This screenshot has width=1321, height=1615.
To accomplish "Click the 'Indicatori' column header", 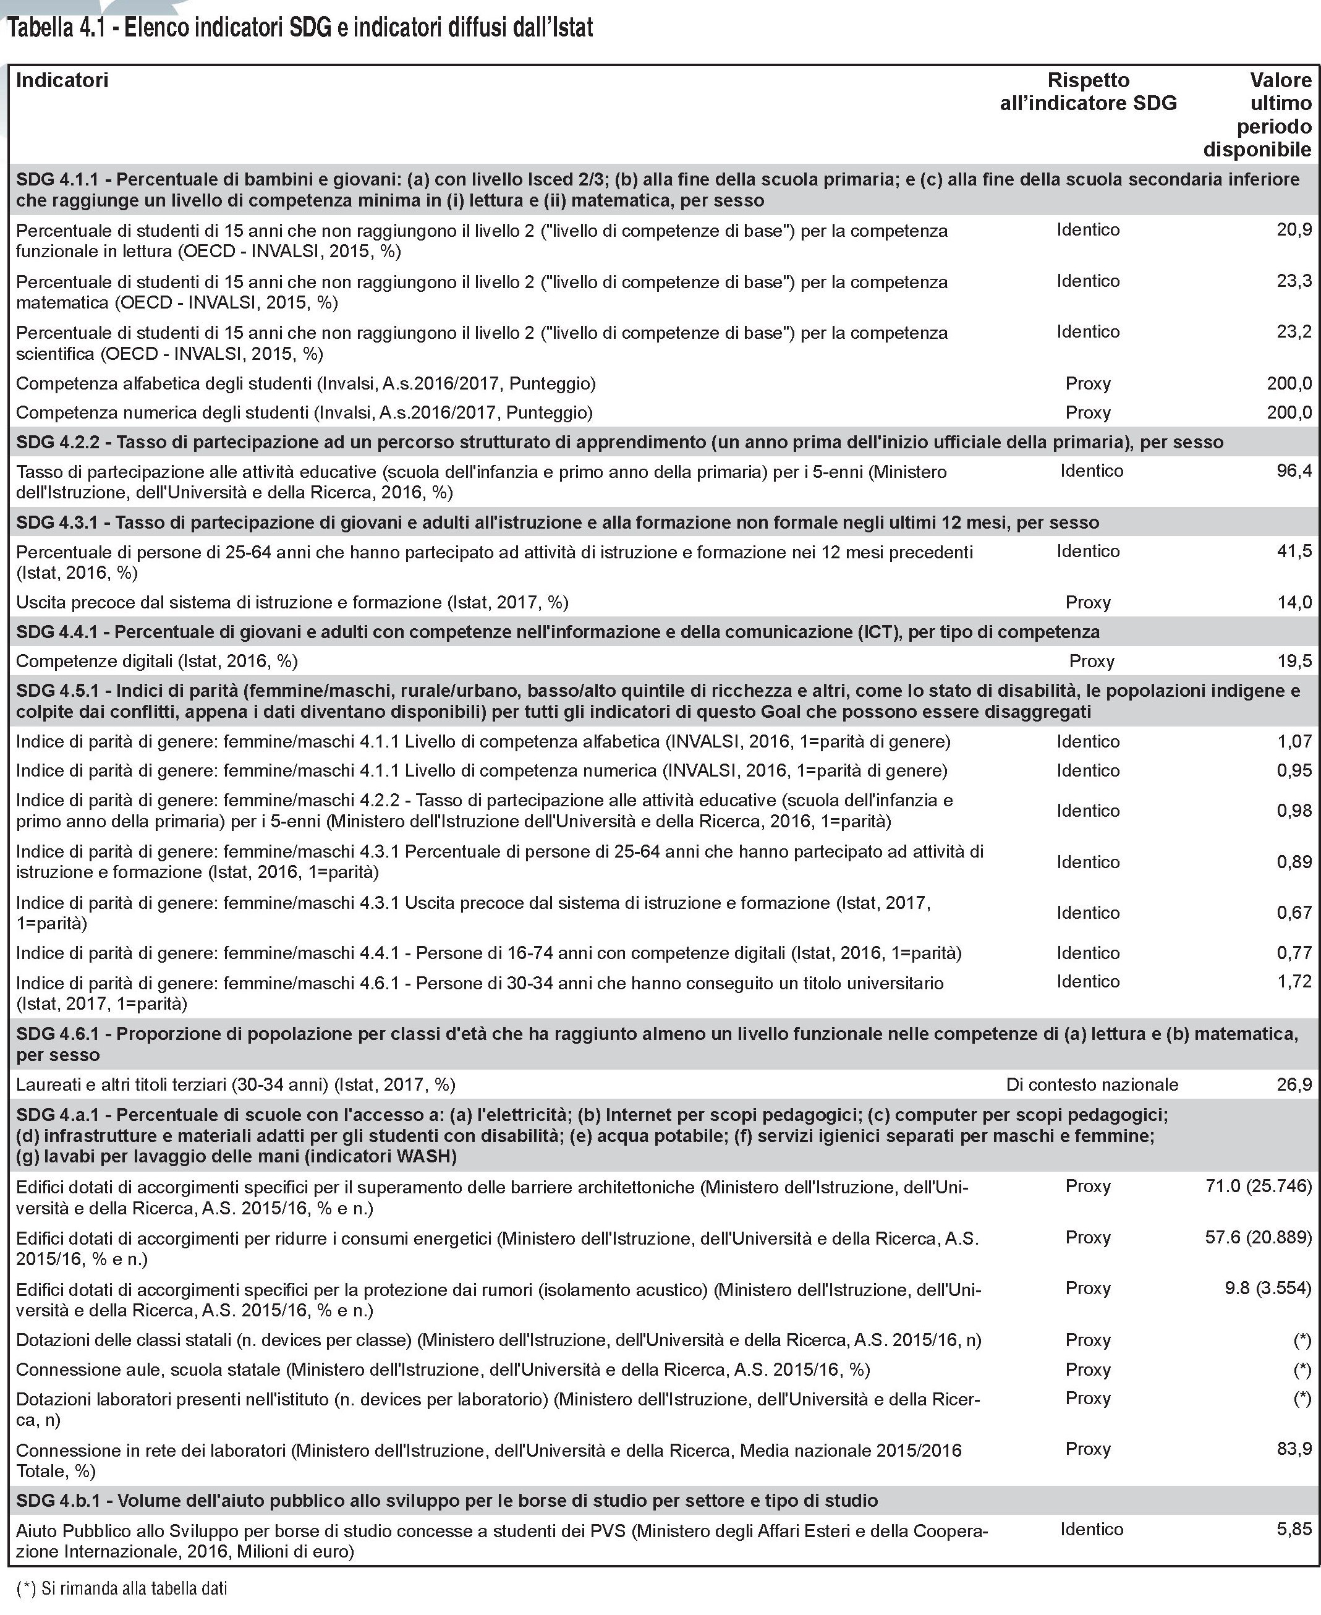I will tap(62, 80).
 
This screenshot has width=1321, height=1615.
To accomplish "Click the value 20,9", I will tap(1294, 230).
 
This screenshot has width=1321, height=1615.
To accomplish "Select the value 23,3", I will tap(1294, 281).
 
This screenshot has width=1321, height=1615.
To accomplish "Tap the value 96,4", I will tap(1294, 471).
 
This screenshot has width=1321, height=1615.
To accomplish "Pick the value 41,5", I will tap(1294, 551).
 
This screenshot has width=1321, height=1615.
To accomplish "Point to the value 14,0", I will tap(1294, 602).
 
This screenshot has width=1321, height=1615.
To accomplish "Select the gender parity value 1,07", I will tap(1294, 741).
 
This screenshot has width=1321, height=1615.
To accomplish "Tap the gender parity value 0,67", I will tap(1294, 912).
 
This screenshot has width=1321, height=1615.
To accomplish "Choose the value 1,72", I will tap(1294, 981).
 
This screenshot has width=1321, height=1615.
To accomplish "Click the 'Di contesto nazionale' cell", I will tap(1092, 1084).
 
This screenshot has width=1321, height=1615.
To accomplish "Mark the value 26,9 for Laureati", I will tap(1294, 1084).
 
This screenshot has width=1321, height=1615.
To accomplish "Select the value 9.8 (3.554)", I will tap(1268, 1288).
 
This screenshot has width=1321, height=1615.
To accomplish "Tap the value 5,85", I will tap(1294, 1529).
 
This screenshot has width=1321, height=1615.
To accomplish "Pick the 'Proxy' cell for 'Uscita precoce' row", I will tap(1088, 602).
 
